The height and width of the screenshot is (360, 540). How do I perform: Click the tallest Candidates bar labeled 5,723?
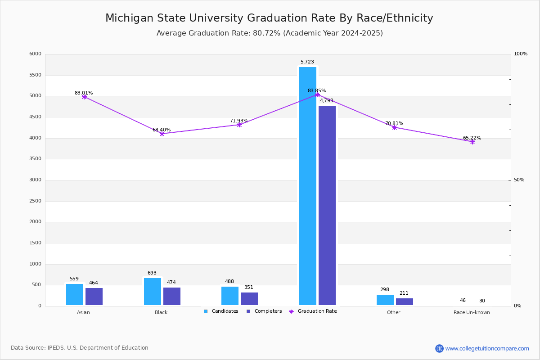pos(308,186)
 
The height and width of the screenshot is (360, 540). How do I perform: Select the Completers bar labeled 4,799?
pos(327,205)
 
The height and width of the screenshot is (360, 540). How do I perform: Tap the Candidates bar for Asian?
pos(75,294)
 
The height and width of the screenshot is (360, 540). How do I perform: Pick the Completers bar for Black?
pos(172,296)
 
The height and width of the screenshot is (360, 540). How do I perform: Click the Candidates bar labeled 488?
pos(230,296)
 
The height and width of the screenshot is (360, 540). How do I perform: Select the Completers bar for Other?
pos(405,301)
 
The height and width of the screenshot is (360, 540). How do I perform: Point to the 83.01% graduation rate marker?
pos(84,97)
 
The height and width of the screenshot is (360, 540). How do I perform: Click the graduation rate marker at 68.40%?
pos(162,134)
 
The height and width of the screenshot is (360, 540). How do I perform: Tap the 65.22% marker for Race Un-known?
pos(472,142)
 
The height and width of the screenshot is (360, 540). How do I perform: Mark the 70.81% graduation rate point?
pos(395,127)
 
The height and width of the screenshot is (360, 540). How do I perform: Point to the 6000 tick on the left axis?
pos(36,54)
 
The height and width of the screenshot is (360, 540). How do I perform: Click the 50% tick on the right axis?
pos(519,180)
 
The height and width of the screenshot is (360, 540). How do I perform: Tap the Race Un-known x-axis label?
pos(472,312)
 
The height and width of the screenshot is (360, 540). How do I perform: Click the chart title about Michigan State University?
pos(269,18)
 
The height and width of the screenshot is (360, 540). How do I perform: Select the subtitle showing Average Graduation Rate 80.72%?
pos(270,33)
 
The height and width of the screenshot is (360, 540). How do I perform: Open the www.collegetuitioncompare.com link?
pos(487,348)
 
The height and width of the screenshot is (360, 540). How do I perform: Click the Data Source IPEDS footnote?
pos(80,348)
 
